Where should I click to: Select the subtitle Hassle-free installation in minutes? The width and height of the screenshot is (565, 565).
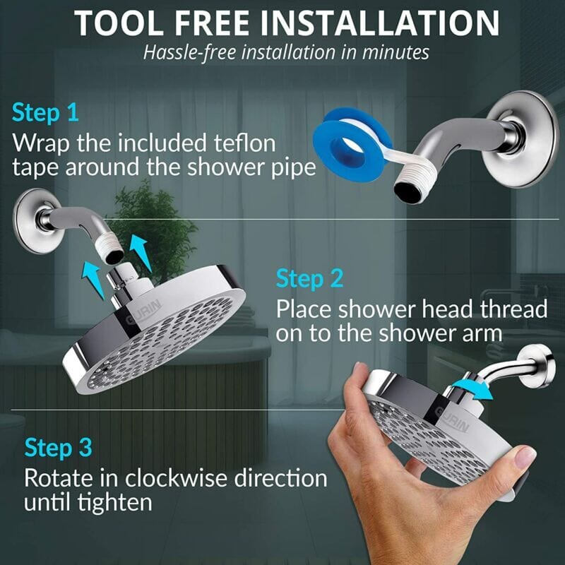coord(282,52)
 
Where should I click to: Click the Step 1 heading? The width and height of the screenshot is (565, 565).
coord(45,113)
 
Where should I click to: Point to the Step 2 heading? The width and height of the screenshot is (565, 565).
coord(309,278)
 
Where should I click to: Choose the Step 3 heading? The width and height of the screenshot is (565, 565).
coord(58,448)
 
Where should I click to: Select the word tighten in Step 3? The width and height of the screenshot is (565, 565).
coord(112,503)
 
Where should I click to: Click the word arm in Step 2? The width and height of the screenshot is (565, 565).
coord(484,334)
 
